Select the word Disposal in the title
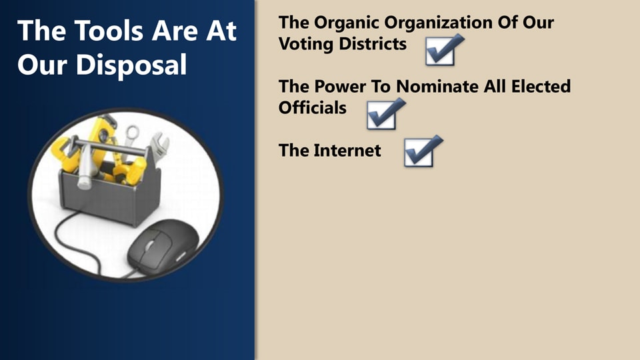tap(131, 65)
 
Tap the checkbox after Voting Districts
tap(444, 50)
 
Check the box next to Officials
tap(386, 114)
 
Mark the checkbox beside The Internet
tap(423, 151)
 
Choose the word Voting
tap(306, 44)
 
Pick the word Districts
tap(372, 44)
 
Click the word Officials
tap(312, 108)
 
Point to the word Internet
tap(347, 151)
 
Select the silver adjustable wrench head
tap(160, 144)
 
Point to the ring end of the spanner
tap(132, 132)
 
